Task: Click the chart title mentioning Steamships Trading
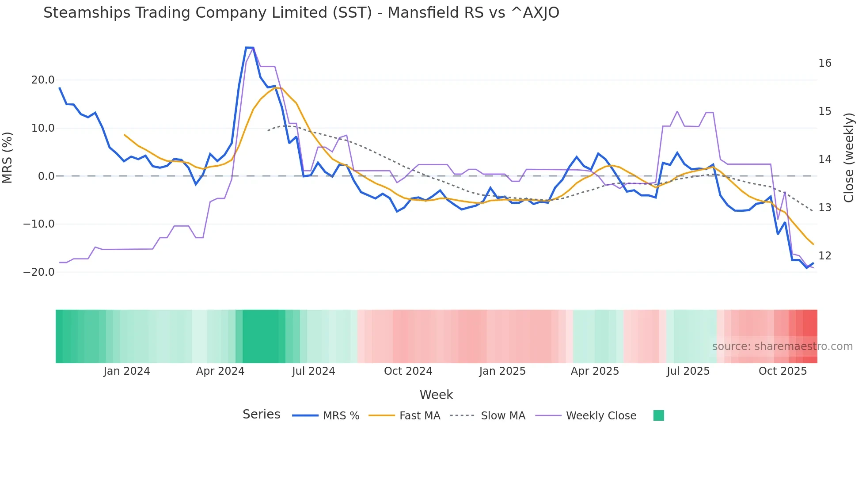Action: (301, 13)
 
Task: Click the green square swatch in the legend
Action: (658, 415)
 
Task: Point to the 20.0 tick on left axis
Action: (43, 80)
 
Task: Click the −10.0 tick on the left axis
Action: (39, 224)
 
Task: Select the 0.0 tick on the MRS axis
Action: (46, 176)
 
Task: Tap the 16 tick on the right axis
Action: (824, 63)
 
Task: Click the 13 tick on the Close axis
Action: (824, 208)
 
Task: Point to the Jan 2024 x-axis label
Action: (127, 371)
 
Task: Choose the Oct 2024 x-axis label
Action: (408, 371)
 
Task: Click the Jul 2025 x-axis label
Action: (688, 371)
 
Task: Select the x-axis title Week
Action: (436, 395)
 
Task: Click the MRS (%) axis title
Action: (8, 157)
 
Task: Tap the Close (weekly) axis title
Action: (848, 158)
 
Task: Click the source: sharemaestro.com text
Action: (782, 346)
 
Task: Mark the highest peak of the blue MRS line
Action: (249, 48)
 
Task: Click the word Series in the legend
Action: (261, 415)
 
